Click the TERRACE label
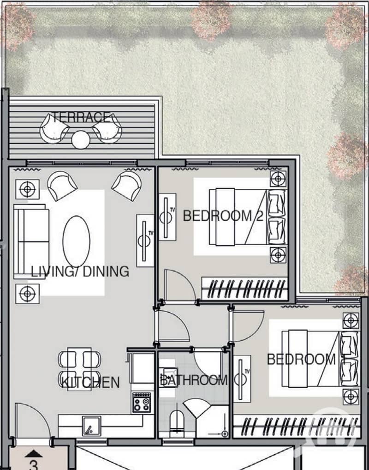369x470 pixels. pos(81,117)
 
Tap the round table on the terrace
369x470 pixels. pos(81,140)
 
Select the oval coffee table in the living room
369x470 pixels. pos(76,241)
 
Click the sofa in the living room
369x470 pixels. pos(31,241)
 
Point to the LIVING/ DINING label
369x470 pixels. pos(80,271)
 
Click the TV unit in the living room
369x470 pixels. pos(145,241)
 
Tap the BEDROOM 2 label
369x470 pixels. pos(223,216)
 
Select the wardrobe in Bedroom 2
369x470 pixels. pos(244,289)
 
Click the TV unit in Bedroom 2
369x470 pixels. pos(167,217)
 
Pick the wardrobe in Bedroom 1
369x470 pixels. pos(297,426)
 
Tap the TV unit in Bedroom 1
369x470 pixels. pos(242,379)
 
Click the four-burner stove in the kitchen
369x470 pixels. pos(142,402)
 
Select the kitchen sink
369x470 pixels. pos(92,426)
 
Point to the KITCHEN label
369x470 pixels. pos(90,382)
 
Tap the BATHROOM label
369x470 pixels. pos(194,380)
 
